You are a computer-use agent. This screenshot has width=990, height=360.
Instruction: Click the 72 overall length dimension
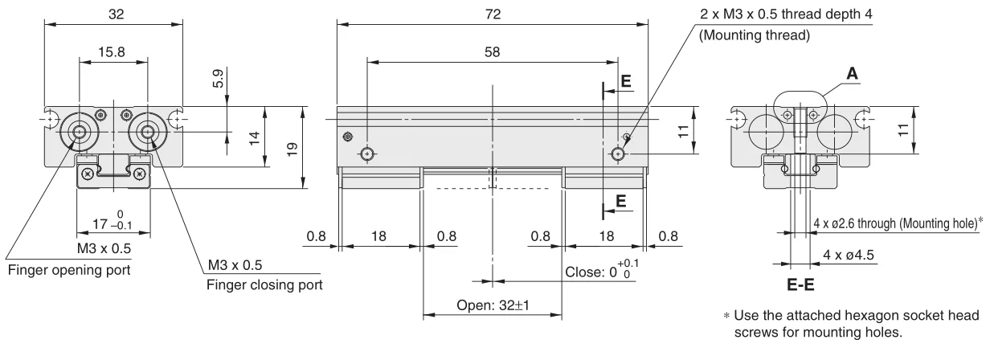(493, 14)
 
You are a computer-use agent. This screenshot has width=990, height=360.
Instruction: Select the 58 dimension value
(492, 52)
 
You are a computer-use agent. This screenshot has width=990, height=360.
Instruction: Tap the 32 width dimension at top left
(116, 14)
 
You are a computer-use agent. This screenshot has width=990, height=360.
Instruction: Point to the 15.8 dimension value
(112, 52)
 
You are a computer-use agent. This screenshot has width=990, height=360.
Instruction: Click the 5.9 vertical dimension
(218, 78)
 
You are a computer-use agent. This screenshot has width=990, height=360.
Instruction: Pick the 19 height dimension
(292, 149)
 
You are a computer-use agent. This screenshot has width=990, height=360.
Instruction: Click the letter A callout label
(852, 73)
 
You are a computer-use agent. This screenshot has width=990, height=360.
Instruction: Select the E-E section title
(800, 284)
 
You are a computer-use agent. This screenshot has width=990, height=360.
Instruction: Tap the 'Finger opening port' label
(69, 270)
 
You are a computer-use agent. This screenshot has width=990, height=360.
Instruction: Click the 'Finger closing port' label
(264, 284)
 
